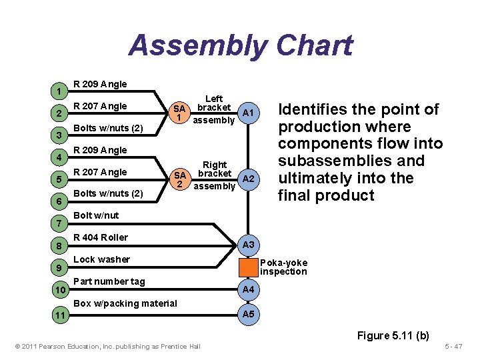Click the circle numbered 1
(60, 91)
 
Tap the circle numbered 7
(60, 222)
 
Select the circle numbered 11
(60, 314)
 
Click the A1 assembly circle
(248, 113)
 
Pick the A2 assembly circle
(248, 179)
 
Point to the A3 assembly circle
(248, 245)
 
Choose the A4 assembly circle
(248, 289)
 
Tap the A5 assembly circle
(248, 314)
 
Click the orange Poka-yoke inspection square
(248, 267)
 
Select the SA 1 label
(179, 113)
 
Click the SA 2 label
(179, 179)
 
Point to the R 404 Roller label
(101, 237)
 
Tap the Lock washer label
(101, 259)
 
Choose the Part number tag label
(109, 281)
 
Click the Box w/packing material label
(125, 303)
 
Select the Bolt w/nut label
(96, 215)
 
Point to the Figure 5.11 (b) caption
(393, 335)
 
